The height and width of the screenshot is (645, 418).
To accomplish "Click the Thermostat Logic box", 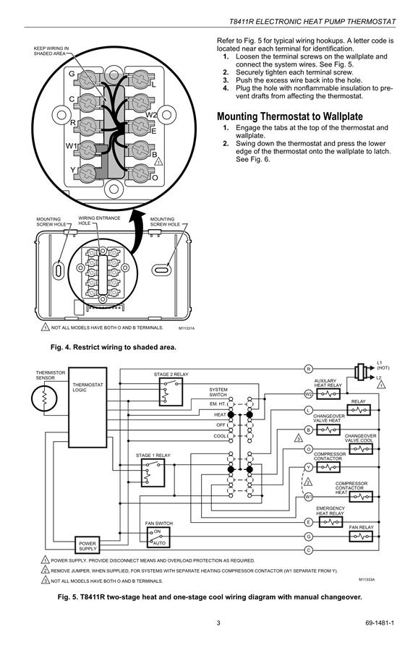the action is (88, 407).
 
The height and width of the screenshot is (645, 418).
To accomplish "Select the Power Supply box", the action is (88, 546).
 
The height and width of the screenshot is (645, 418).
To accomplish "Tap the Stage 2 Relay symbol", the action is (171, 392).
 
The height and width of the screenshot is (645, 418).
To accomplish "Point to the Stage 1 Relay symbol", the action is (153, 473).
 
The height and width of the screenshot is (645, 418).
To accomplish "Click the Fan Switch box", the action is (158, 537).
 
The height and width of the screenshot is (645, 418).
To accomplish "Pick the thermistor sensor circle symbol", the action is (43, 398).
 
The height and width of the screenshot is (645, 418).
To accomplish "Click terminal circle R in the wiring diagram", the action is (309, 369).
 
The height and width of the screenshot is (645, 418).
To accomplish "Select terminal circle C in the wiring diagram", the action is (309, 550).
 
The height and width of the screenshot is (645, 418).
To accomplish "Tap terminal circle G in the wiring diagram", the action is (309, 537).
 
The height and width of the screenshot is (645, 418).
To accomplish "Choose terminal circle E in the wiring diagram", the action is (309, 522).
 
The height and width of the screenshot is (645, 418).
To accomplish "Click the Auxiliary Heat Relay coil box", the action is (328, 394).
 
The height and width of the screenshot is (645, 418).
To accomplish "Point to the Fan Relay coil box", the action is (361, 537).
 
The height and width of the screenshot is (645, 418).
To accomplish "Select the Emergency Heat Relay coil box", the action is (330, 522).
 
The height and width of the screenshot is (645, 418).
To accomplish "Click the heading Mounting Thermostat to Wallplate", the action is (290, 116).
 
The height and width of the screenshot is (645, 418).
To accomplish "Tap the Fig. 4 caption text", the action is (114, 347).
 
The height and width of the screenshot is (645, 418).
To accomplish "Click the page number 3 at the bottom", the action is (218, 623).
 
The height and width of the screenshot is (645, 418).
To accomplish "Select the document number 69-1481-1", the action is (380, 623).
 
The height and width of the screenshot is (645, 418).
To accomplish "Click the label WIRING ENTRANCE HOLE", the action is (99, 221).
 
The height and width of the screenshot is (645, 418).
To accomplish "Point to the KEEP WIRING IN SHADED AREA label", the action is (51, 51).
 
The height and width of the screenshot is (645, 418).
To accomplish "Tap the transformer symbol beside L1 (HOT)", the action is (361, 371).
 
